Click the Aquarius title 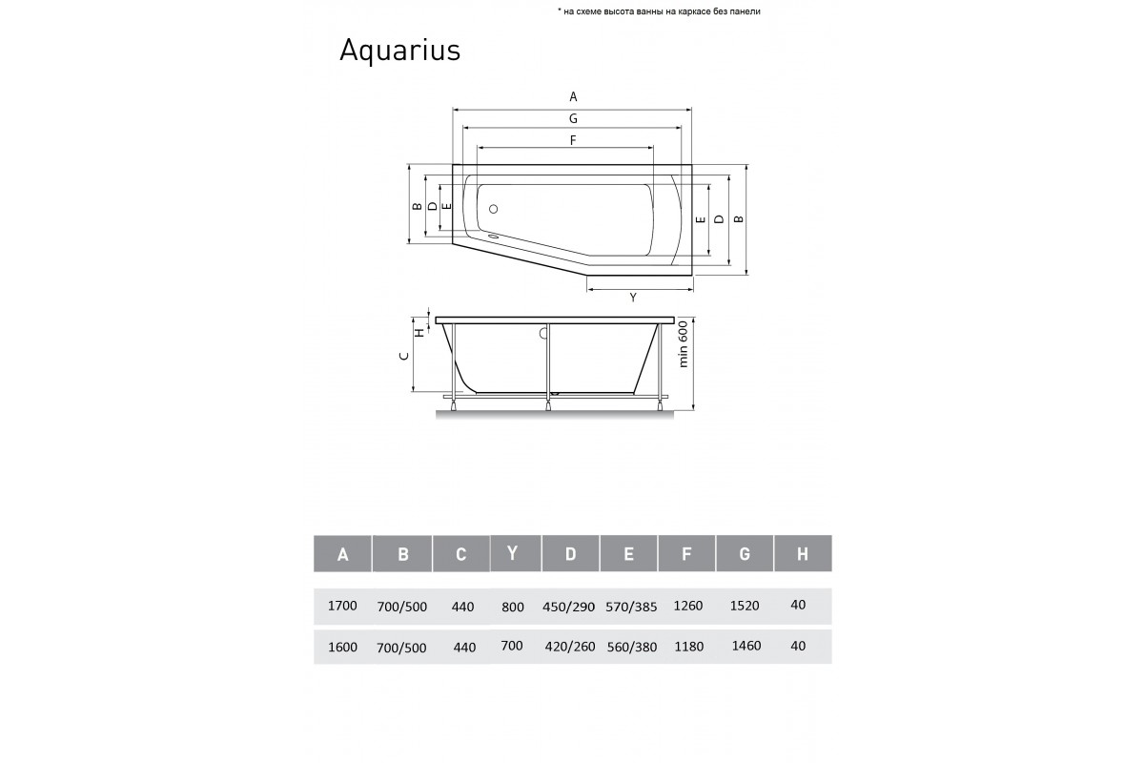point(399,51)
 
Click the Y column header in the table point(514,553)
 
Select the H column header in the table point(802,553)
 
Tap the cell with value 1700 point(341,606)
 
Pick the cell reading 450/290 point(570,606)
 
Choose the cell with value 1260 point(687,606)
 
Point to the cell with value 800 point(512,606)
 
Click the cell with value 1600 point(341,646)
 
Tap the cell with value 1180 point(687,646)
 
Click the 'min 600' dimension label point(683,342)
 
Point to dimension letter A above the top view point(573,96)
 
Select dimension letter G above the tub point(573,119)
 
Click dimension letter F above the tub point(573,140)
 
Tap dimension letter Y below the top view point(632,298)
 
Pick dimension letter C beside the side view point(404,356)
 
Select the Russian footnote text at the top point(659,11)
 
